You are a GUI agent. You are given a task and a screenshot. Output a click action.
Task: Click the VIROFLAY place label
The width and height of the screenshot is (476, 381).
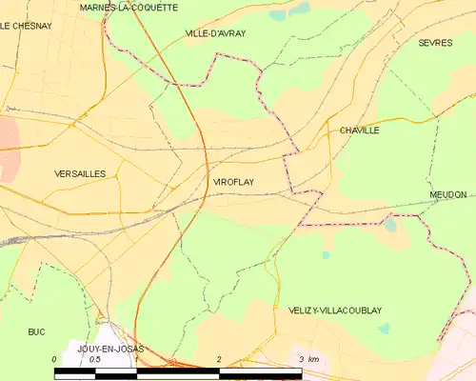[x=233, y=181]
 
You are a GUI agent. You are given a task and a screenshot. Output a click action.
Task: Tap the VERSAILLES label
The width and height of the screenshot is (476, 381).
[x=80, y=173]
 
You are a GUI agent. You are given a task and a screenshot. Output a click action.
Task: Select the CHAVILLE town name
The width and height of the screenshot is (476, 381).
[x=359, y=130]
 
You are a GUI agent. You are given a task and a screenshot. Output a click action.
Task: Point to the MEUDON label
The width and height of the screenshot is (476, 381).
[x=447, y=194]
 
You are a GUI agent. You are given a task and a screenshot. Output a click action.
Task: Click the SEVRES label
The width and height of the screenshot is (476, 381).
[x=435, y=43]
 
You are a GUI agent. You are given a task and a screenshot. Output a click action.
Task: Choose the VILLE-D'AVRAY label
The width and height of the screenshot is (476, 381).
[x=214, y=33]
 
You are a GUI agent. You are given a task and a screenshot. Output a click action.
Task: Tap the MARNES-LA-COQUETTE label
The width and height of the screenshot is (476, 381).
[x=129, y=7]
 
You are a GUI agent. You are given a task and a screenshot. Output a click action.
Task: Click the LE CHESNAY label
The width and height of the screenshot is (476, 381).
[x=25, y=27]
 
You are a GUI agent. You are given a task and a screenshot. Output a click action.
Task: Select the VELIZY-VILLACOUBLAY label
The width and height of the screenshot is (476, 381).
[x=334, y=311]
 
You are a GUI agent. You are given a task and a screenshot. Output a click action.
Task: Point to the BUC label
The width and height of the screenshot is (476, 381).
[x=36, y=331]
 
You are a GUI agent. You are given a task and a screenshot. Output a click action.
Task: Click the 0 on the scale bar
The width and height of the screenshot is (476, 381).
[x=54, y=359]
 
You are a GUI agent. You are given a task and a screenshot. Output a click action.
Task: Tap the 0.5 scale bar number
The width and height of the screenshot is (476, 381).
[x=95, y=359]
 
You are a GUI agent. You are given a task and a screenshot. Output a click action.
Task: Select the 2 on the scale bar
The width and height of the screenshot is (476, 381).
[x=219, y=359]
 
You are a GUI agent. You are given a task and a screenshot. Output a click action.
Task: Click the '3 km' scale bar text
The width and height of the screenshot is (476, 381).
[x=308, y=359]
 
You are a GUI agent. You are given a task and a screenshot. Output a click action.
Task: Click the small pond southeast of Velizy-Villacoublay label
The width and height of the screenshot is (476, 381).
[x=384, y=329]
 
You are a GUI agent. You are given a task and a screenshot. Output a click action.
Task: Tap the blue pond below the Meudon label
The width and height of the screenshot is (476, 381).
[x=390, y=226]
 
